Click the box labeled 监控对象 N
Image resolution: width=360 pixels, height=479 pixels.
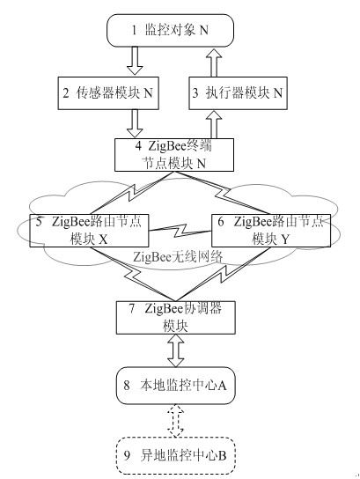[170, 30]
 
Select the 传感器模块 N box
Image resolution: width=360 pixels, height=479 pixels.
[108, 92]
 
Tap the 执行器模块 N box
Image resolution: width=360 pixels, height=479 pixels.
[238, 92]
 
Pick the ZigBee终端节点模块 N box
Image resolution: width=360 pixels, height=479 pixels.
[174, 155]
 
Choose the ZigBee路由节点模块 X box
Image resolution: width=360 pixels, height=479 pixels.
[89, 231]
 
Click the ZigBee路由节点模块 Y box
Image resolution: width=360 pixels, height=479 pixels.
[271, 231]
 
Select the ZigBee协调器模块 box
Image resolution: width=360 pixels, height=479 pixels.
[175, 317]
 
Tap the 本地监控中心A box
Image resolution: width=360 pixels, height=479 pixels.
[175, 386]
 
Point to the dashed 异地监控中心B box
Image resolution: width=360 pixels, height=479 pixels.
[175, 456]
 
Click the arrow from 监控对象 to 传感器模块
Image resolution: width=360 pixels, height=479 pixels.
[135, 61]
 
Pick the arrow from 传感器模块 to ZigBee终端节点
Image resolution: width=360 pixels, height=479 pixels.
[135, 123]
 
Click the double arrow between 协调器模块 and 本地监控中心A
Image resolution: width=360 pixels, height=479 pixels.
[176, 350]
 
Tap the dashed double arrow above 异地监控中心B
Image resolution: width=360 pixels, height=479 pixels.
[176, 421]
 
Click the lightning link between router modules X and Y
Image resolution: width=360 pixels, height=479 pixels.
[180, 231]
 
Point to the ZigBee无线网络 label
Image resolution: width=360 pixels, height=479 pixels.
[178, 257]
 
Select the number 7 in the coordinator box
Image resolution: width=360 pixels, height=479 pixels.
[131, 308]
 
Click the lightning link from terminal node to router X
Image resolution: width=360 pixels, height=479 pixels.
[131, 193]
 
